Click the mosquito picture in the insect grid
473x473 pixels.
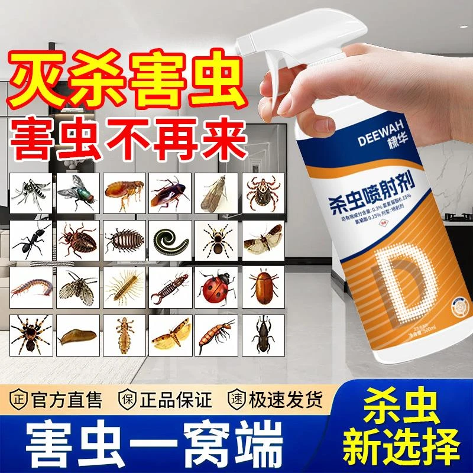(33, 193)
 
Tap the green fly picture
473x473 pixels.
(79, 193)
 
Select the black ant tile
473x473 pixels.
(33, 239)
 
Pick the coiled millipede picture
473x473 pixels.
(171, 239)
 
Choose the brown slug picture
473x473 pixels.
(79, 334)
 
